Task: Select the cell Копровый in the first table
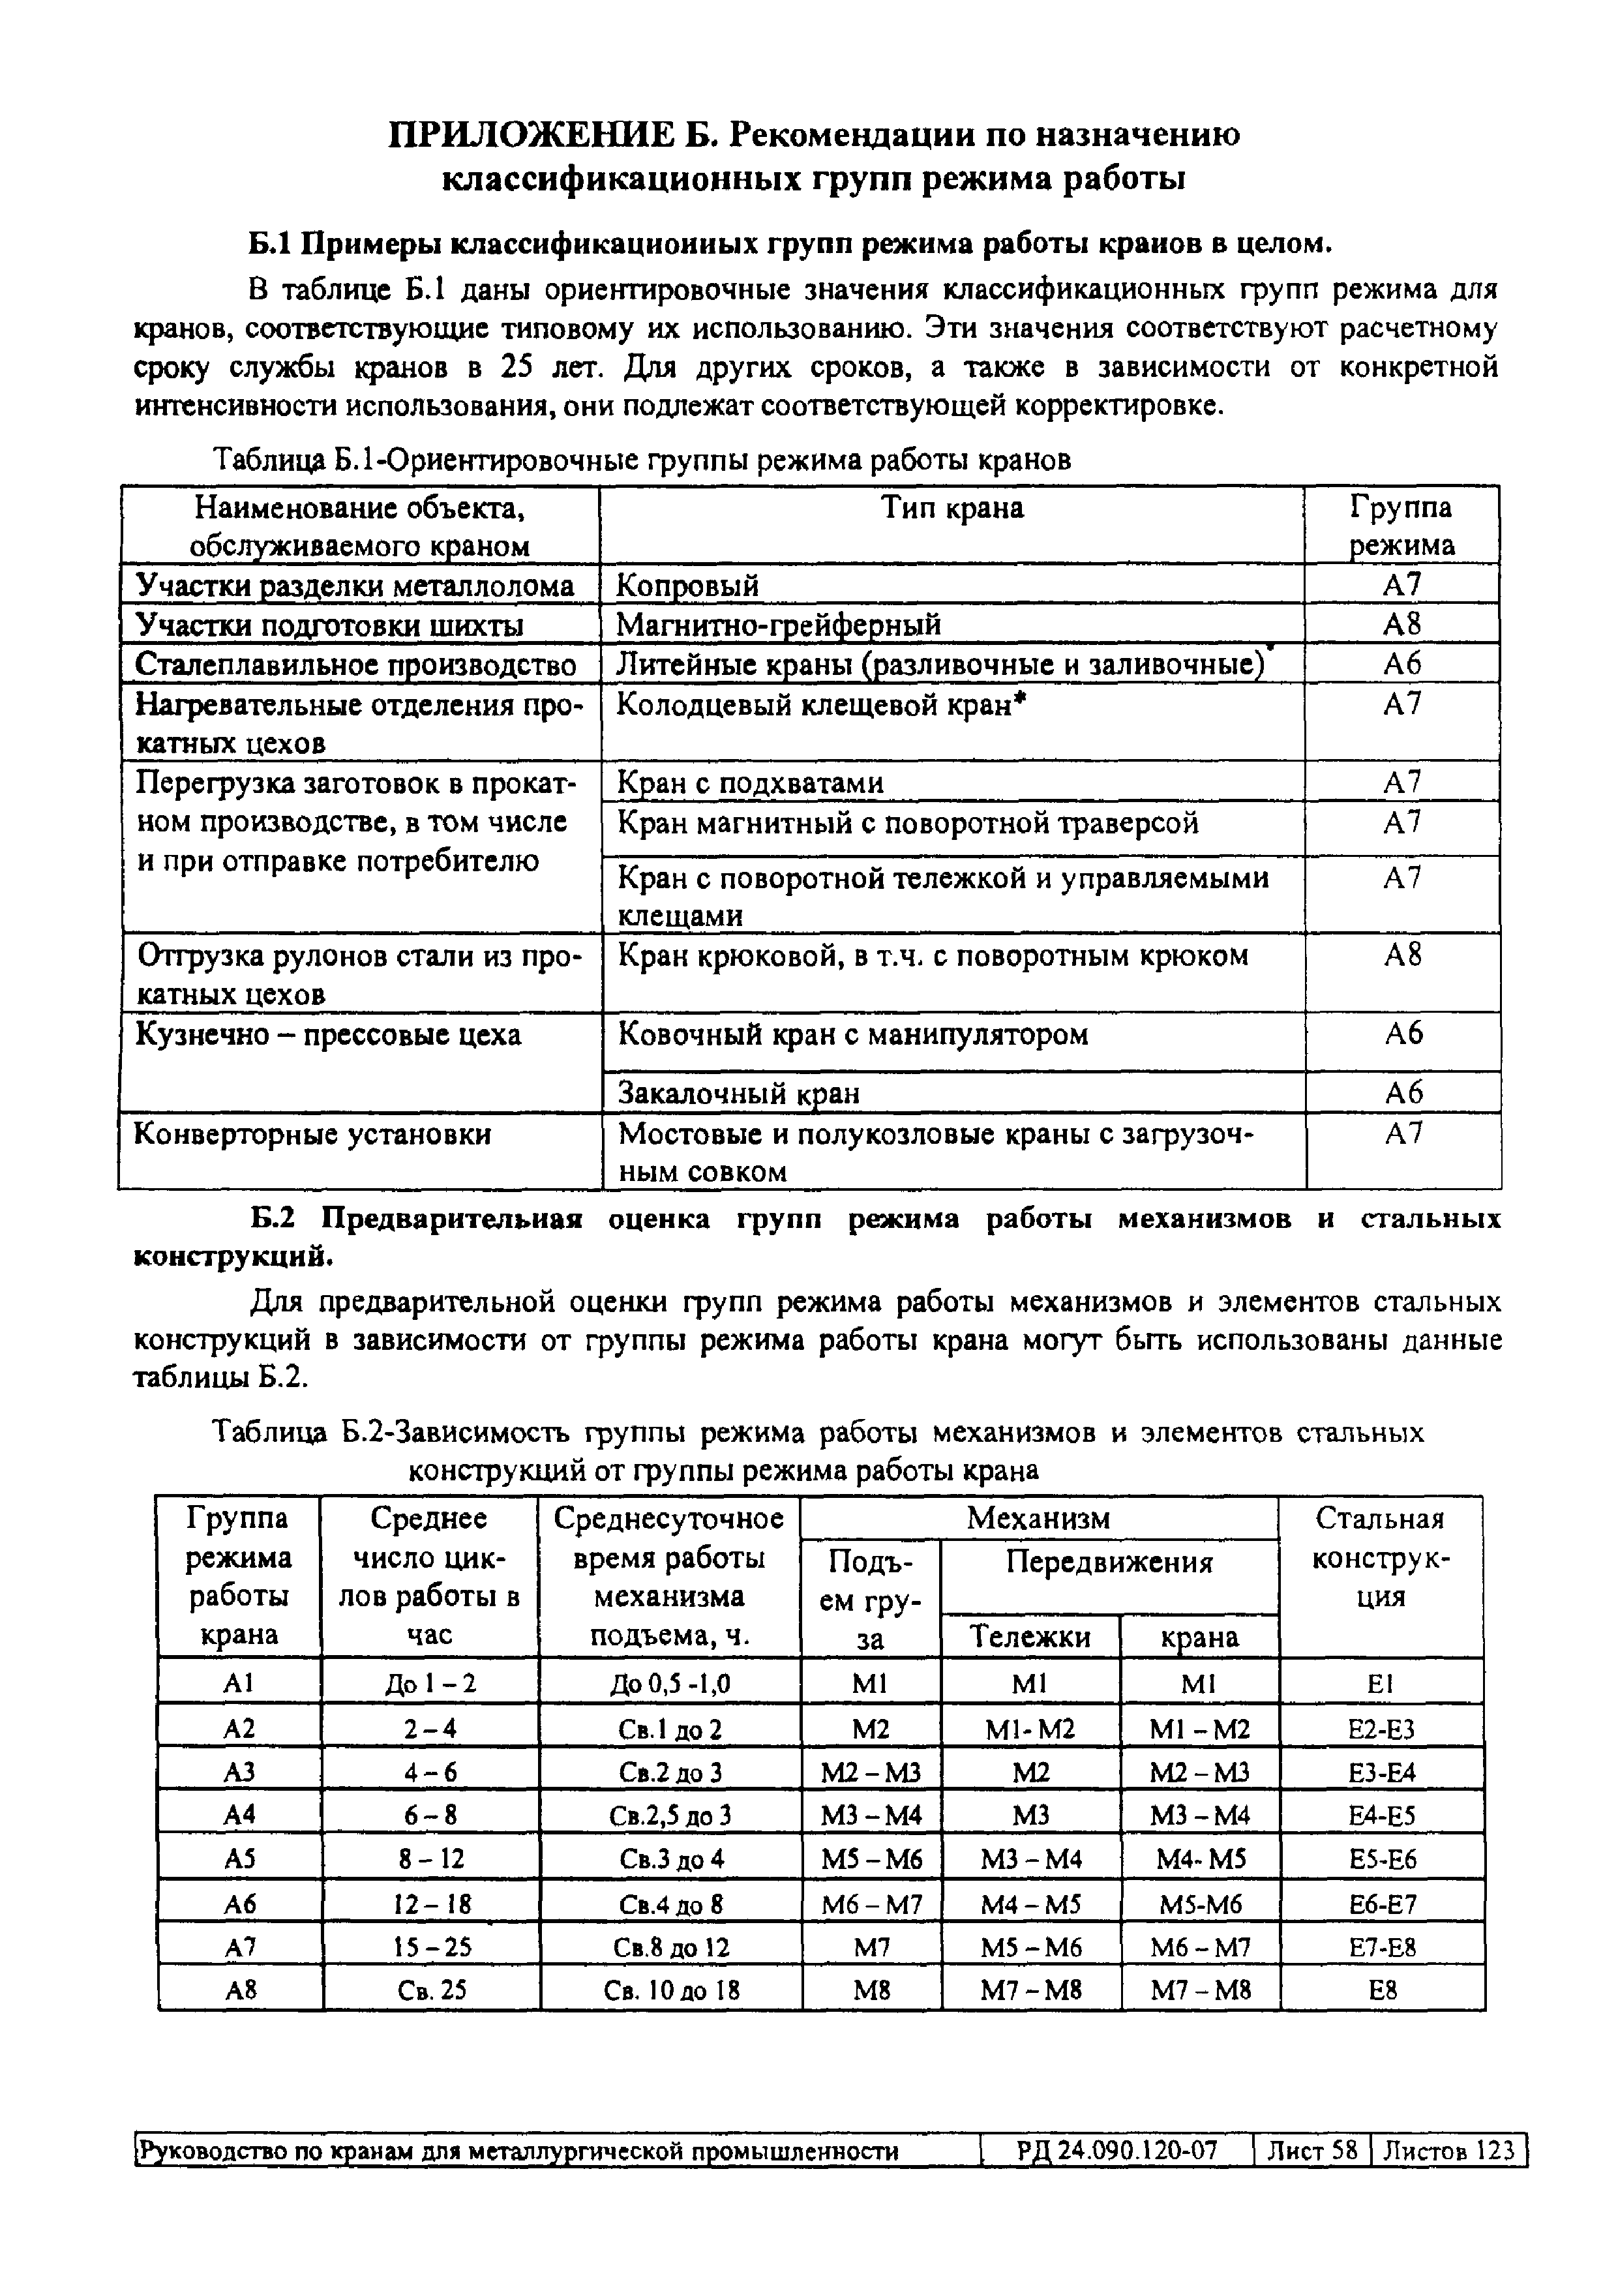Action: (x=687, y=586)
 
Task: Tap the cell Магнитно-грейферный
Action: (x=778, y=625)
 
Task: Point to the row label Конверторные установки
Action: (x=312, y=1133)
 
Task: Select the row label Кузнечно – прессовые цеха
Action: (x=328, y=1035)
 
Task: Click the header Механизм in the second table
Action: (x=1038, y=1518)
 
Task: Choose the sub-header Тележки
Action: (x=1030, y=1637)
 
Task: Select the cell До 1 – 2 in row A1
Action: (x=430, y=1684)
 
